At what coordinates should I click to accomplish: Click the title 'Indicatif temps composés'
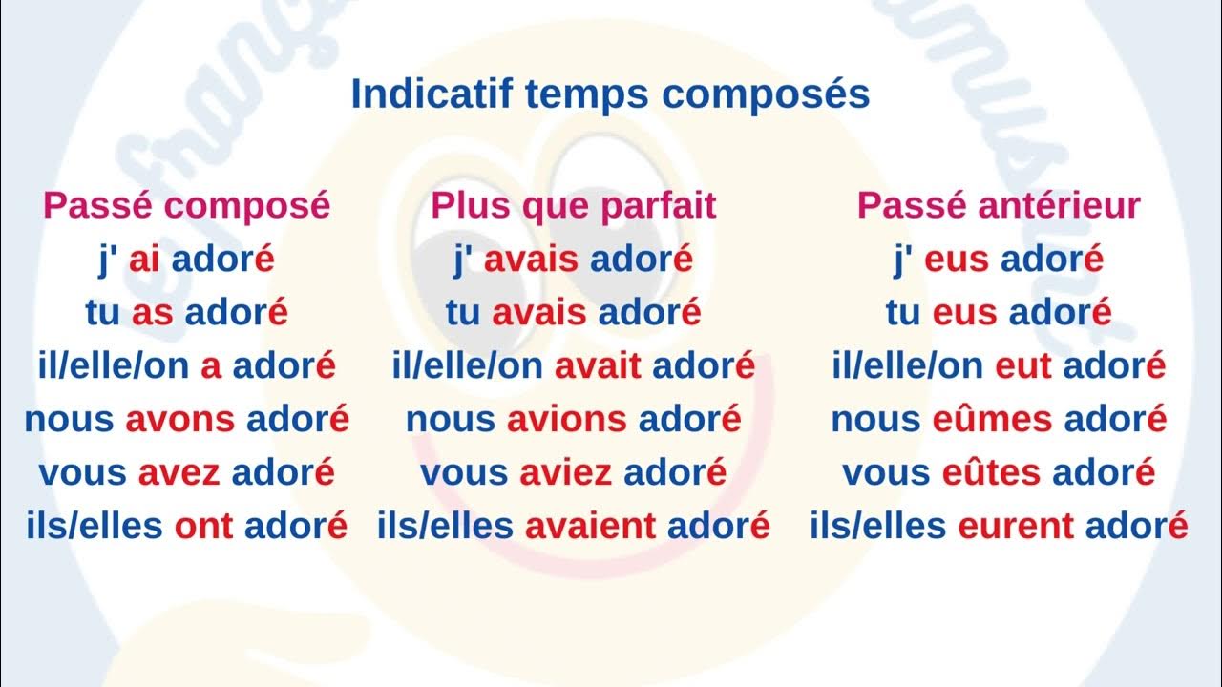610,95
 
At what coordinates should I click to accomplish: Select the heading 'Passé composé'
186,206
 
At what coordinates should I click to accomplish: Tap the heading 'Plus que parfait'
573,206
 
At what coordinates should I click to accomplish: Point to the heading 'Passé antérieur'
998,206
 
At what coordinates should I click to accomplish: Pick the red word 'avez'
179,473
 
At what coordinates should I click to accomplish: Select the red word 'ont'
203,526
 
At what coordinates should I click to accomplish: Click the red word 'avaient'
590,526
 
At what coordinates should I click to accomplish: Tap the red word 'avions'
567,420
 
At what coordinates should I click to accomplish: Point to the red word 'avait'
598,366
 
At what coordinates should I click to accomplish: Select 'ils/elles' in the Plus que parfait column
445,526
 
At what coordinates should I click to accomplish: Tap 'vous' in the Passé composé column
82,473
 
